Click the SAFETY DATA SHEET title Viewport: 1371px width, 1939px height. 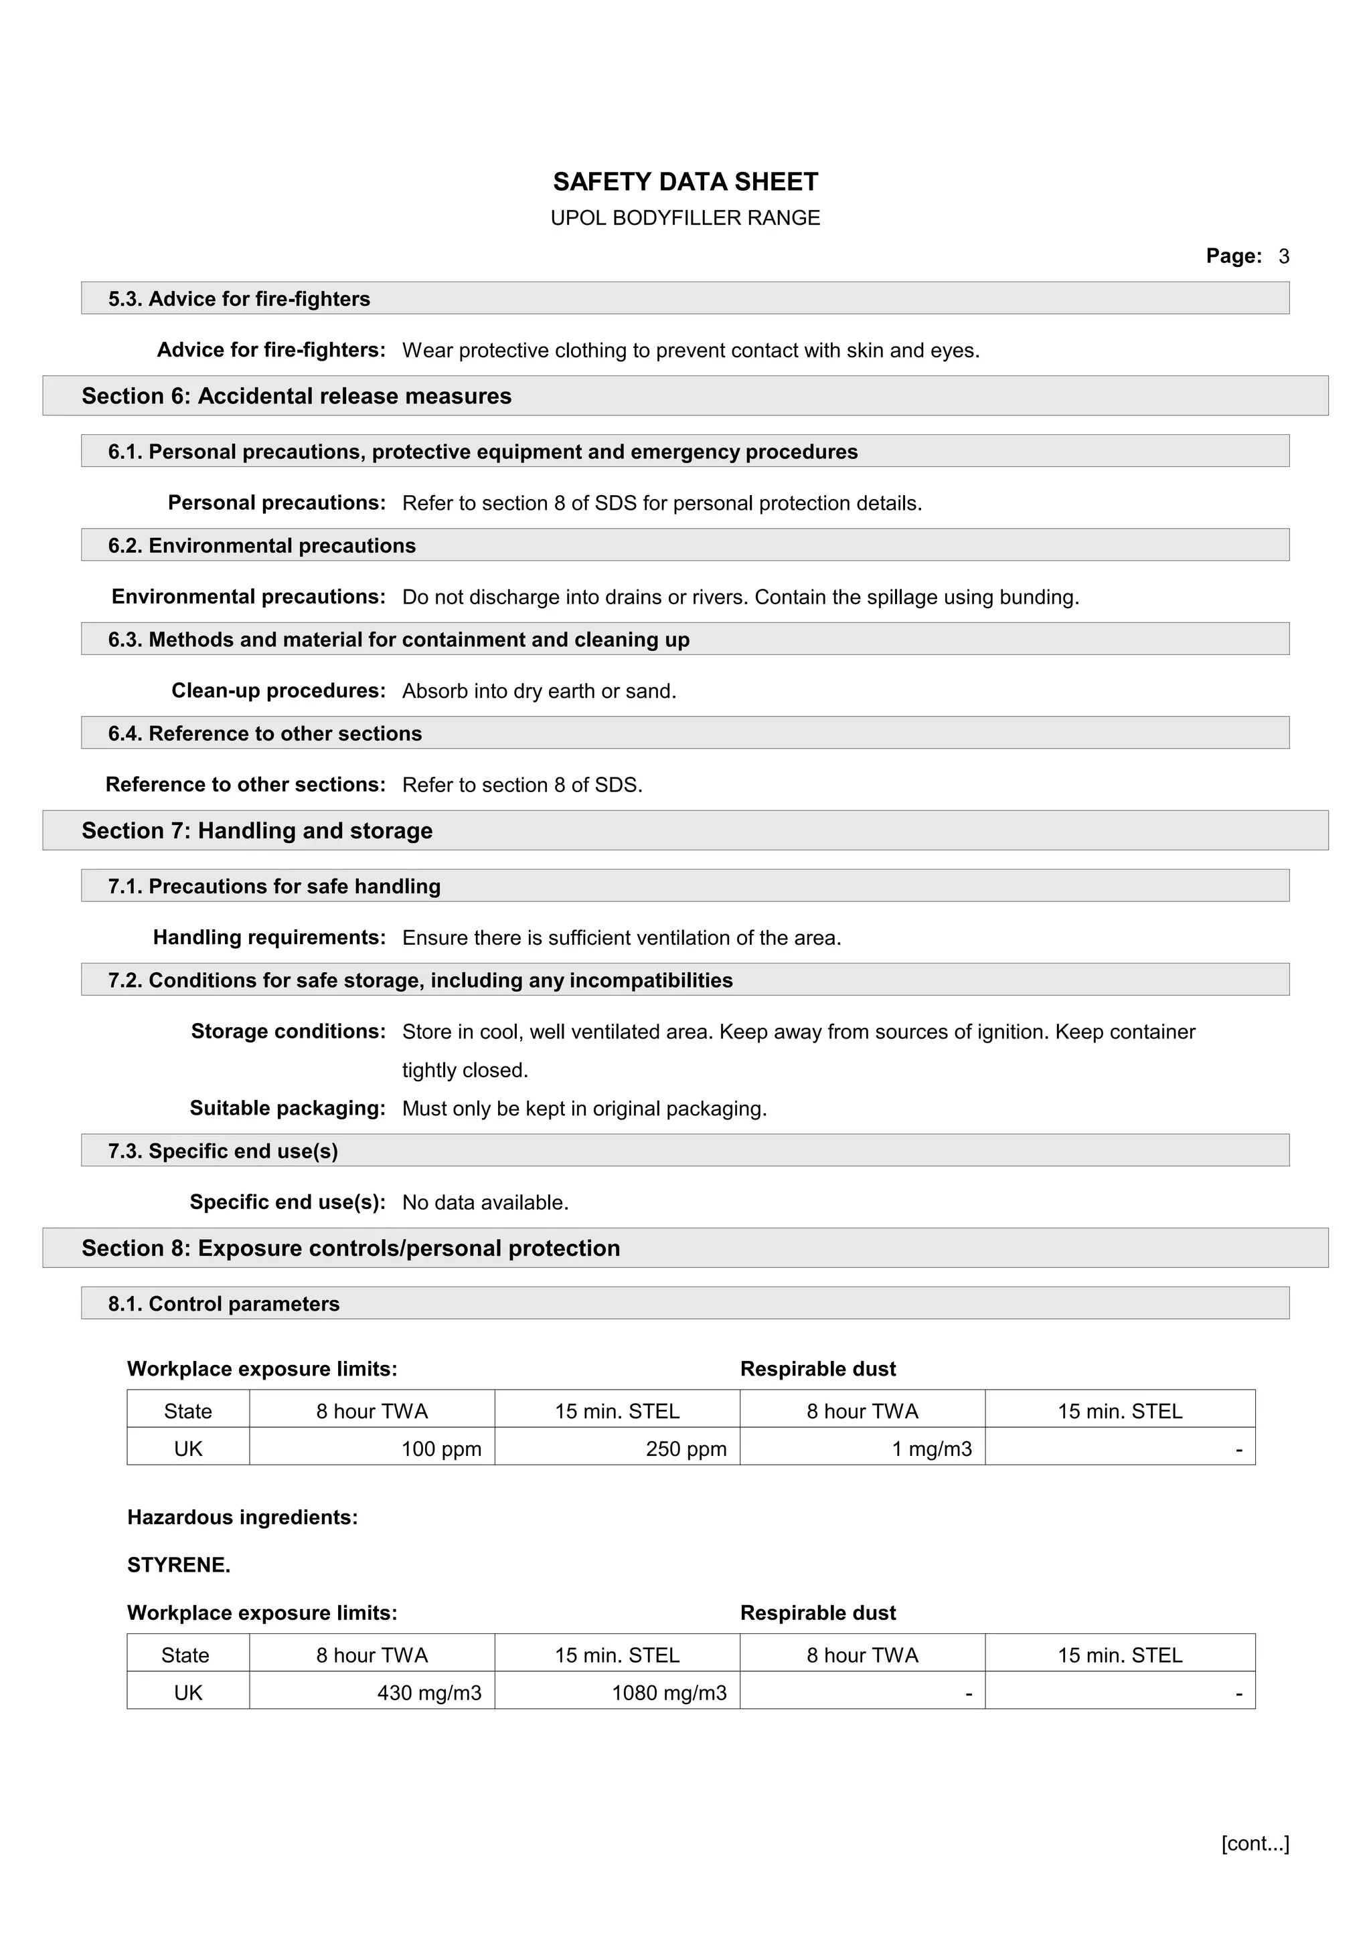(x=685, y=181)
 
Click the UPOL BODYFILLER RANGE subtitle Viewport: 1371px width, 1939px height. (x=685, y=218)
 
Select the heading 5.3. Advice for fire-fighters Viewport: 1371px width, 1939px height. (x=239, y=299)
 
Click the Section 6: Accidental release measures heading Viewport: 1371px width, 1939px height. (x=297, y=396)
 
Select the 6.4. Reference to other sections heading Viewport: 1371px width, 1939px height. (x=264, y=733)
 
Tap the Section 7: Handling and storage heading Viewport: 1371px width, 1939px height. (x=257, y=830)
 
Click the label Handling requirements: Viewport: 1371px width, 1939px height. (x=268, y=937)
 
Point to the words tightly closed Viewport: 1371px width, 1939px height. (x=465, y=1070)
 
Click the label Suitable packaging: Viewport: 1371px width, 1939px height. (x=287, y=1108)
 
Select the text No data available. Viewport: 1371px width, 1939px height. (x=485, y=1202)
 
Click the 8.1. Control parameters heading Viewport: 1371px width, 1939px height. (x=224, y=1303)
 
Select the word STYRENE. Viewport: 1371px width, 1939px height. (x=178, y=1564)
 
